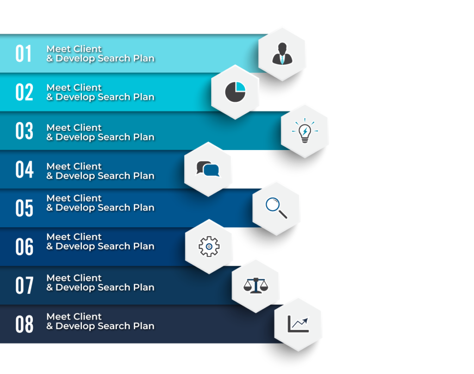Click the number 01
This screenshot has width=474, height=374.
[x=24, y=54]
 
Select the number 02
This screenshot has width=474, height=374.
[x=24, y=93]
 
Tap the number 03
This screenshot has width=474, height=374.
[x=24, y=131]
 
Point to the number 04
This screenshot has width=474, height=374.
[x=24, y=170]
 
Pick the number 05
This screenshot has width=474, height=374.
[x=24, y=208]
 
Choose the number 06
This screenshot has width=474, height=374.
[x=24, y=247]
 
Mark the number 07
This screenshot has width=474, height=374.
[x=24, y=286]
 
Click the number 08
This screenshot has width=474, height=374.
[x=24, y=324]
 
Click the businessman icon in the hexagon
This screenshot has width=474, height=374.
[x=282, y=54]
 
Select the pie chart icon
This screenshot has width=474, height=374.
[x=235, y=92]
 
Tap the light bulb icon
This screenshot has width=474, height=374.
[x=305, y=131]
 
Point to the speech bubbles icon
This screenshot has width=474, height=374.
[x=208, y=169]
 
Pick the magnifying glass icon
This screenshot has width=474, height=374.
[x=276, y=208]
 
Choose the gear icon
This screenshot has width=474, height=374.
[x=209, y=247]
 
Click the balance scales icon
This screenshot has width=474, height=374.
[x=256, y=285]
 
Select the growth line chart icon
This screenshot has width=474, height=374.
[x=298, y=324]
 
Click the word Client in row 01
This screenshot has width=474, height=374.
[x=88, y=49]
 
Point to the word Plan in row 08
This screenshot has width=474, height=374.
[x=143, y=326]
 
